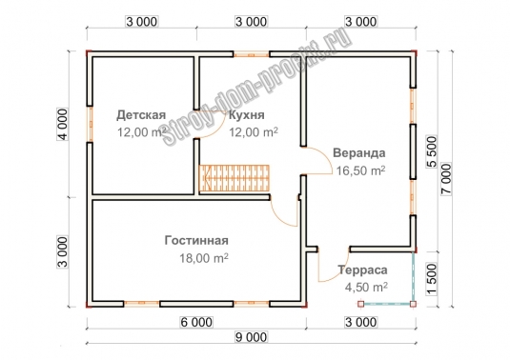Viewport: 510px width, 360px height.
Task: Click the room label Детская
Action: pos(141,115)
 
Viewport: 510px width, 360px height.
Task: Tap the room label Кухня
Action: pos(247,115)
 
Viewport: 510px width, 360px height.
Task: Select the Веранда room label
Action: pos(359,152)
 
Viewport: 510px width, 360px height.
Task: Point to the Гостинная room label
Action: pos(196,240)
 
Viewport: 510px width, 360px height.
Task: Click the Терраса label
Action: pos(362,270)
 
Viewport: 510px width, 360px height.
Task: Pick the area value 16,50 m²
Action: pos(360,170)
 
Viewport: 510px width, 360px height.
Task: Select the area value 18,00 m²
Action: pos(204,258)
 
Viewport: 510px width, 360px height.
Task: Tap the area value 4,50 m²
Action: pos(366,288)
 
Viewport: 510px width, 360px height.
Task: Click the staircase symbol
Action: pos(235,178)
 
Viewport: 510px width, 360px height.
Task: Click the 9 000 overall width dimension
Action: pos(251,337)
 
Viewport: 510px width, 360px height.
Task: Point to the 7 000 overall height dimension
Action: pos(446,179)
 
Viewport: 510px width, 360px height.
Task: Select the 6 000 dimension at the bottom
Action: pos(196,322)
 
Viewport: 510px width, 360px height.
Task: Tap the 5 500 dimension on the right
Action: pos(432,151)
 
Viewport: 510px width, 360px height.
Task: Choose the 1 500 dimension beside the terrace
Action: pos(432,279)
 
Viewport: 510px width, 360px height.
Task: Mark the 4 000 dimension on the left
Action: pos(63,124)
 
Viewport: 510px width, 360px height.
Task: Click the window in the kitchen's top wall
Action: pos(251,54)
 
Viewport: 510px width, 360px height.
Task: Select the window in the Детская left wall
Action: pos(90,124)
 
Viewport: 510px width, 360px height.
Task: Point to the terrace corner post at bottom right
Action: pos(413,304)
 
